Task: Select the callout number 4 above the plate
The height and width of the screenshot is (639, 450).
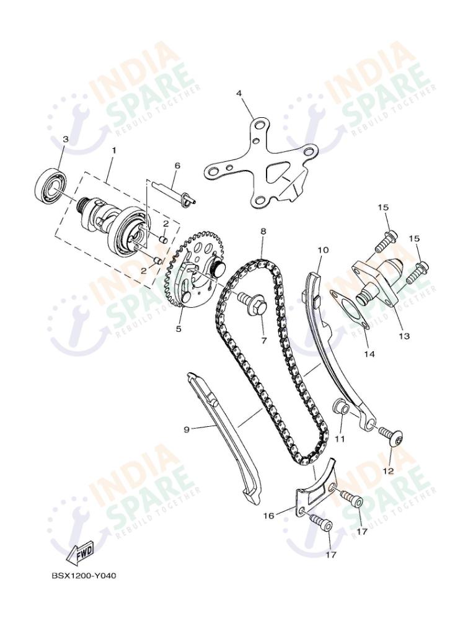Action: coord(239,94)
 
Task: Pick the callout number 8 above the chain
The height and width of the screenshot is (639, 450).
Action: coord(263,231)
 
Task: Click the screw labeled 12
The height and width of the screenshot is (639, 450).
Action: coord(392,439)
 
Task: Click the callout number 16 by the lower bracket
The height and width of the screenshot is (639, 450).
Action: coord(269,515)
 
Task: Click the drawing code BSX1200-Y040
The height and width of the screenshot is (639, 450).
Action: coord(84,575)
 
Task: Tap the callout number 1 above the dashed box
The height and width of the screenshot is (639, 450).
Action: coord(113,150)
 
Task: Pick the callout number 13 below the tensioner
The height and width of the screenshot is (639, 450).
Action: coord(404,336)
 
